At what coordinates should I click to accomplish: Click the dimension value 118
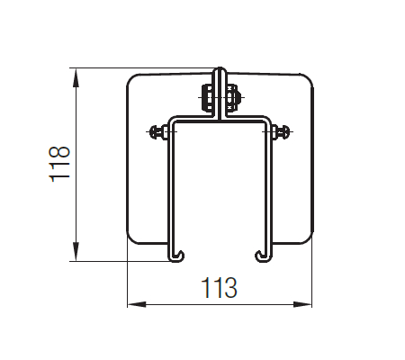59,164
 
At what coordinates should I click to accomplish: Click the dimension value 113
219,288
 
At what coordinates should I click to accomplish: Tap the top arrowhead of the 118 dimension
76,78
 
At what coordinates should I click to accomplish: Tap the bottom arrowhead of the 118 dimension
76,251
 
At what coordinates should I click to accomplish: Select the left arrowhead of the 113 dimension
137,304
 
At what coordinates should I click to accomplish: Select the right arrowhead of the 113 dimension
302,304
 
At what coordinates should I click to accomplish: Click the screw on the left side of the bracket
158,132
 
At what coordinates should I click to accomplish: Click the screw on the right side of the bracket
282,132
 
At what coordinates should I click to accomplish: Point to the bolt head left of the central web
207,98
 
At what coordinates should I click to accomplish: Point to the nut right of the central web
233,98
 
